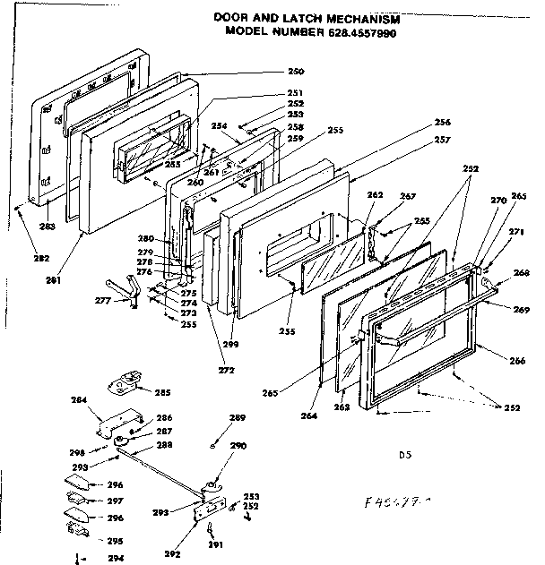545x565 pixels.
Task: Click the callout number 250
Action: (295, 72)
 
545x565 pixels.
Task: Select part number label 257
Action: (442, 140)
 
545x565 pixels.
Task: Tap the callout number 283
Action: (47, 227)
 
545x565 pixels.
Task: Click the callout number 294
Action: (114, 558)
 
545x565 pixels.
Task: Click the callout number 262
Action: (375, 195)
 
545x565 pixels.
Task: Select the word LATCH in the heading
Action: (304, 17)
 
